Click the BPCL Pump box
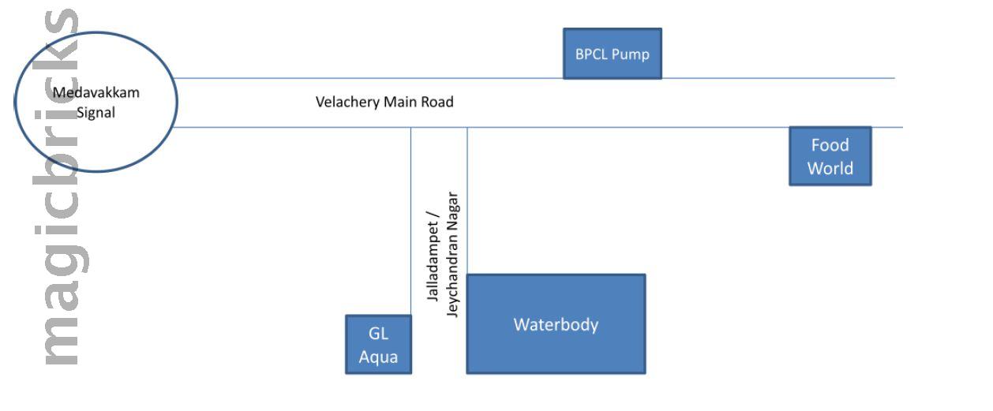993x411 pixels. pyautogui.click(x=612, y=54)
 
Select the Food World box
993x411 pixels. pyautogui.click(x=830, y=156)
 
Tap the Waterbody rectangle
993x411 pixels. pyautogui.click(x=556, y=323)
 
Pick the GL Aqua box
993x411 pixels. pyautogui.click(x=378, y=344)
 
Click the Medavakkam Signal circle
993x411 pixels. pyautogui.click(x=96, y=102)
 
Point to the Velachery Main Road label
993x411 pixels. pyautogui.click(x=384, y=102)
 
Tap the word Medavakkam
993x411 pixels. pyautogui.click(x=96, y=92)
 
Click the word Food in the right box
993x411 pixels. pyautogui.click(x=830, y=145)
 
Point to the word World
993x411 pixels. pyautogui.click(x=830, y=168)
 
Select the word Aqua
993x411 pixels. pyautogui.click(x=379, y=357)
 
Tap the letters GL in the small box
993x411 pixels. pyautogui.click(x=379, y=334)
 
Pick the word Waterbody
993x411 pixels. pyautogui.click(x=556, y=324)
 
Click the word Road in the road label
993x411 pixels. pyautogui.click(x=438, y=102)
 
